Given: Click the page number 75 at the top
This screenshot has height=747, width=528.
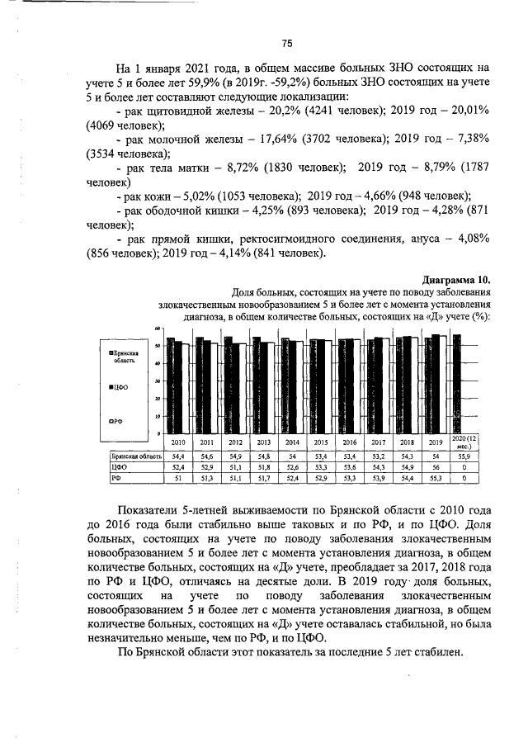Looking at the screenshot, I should pos(287,43).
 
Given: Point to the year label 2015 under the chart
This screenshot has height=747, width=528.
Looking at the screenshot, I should pos(321,442).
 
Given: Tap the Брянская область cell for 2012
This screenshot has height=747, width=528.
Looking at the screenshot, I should pos(235,456).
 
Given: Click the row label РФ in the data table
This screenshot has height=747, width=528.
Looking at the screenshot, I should pos(106,477).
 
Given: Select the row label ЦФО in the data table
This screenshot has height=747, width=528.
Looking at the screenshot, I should pos(107,466).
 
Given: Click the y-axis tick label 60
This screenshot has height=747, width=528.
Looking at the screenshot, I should pos(157,330).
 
